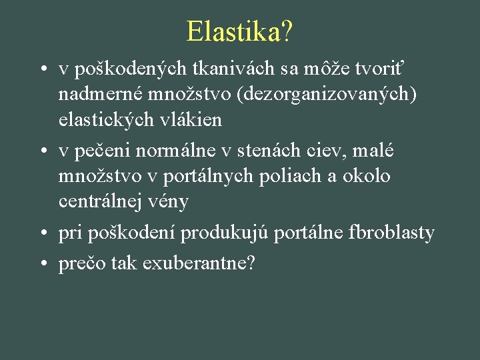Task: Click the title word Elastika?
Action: point(239,31)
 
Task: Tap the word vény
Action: point(171,201)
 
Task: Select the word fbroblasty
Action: point(391,233)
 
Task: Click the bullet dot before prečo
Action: point(42,264)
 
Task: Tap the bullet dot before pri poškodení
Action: point(42,234)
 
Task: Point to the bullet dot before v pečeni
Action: point(42,152)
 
